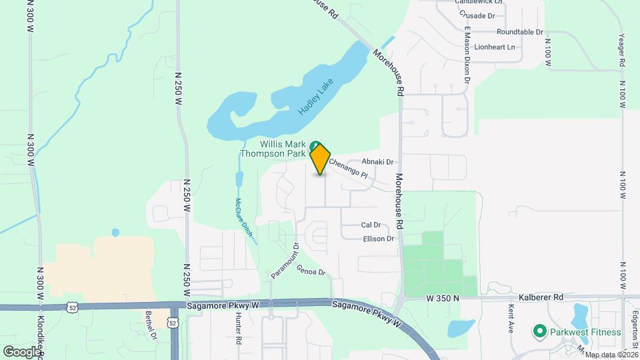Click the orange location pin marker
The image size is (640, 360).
pyautogui.click(x=321, y=159)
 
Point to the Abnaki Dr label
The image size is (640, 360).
pyautogui.click(x=378, y=162)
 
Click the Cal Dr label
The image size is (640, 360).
pyautogui.click(x=371, y=225)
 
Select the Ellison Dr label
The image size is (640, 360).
pyautogui.click(x=379, y=239)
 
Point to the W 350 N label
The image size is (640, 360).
pyautogui.click(x=443, y=298)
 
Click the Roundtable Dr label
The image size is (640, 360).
pyautogui.click(x=520, y=31)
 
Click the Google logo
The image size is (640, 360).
pyautogui.click(x=23, y=351)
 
